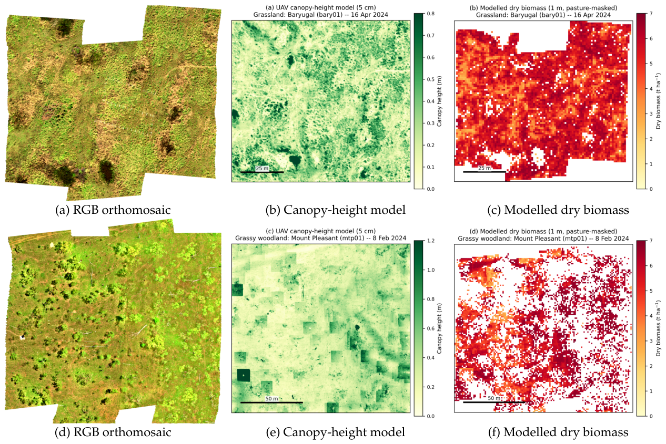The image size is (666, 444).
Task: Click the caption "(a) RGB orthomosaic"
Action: click(113, 210)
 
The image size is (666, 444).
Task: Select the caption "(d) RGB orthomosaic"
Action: click(113, 432)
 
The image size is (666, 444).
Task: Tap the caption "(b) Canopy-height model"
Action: click(336, 210)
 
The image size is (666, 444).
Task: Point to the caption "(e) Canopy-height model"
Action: click(336, 432)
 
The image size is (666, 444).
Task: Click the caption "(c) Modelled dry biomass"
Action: click(558, 210)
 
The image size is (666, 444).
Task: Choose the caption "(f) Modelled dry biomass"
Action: click(558, 432)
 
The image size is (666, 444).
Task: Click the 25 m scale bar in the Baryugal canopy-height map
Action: click(262, 172)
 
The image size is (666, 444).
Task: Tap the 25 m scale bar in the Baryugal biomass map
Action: click(485, 172)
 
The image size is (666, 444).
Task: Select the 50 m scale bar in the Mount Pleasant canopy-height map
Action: click(271, 402)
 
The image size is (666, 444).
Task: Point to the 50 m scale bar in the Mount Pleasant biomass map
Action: click(494, 402)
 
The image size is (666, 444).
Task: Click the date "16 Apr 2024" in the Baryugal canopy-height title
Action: click(370, 15)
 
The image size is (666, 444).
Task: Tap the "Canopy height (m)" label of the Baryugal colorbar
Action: click(439, 101)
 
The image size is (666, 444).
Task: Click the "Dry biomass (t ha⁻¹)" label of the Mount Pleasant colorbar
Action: click(659, 328)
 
